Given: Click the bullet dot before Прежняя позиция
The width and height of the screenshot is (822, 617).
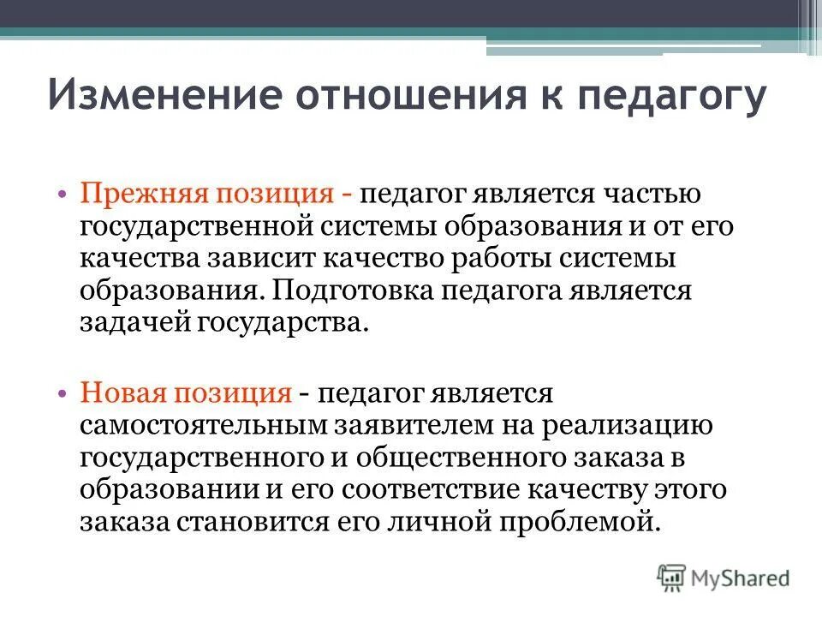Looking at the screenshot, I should (65, 195).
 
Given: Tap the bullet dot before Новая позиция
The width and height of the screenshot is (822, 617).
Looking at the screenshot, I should (65, 394).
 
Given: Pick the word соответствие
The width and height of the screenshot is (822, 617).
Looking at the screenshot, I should (423, 489).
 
